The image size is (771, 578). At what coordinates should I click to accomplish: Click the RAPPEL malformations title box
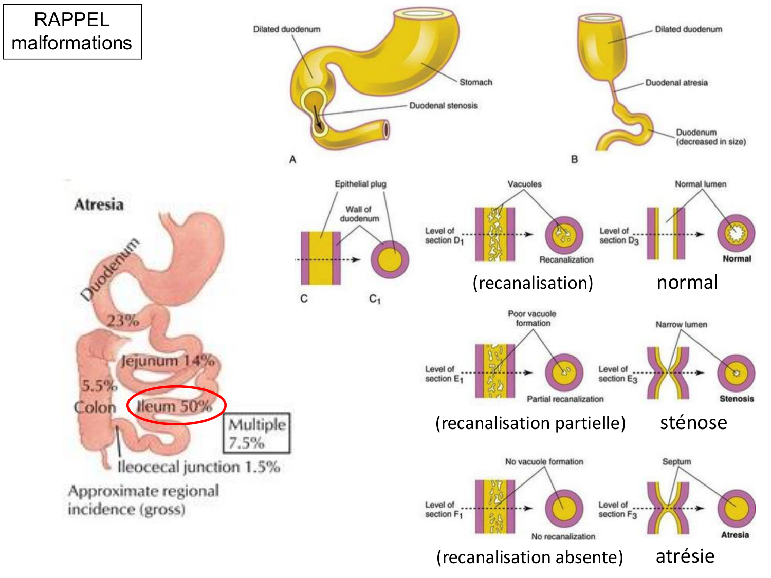tap(72, 31)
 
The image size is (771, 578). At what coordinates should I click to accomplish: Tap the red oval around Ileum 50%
tap(176, 405)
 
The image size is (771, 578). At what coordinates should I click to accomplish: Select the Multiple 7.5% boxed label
tap(257, 433)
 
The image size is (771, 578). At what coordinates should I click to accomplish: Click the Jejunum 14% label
tap(168, 361)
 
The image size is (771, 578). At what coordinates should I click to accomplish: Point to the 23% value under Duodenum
tap(123, 321)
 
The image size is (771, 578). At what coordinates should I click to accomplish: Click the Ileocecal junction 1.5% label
tap(198, 467)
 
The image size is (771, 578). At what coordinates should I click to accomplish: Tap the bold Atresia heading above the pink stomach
tap(99, 204)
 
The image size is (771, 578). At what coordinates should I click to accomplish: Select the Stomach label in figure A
tap(475, 82)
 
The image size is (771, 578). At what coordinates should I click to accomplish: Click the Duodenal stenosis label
tap(443, 106)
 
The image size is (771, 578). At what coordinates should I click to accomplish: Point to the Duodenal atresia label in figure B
tap(676, 83)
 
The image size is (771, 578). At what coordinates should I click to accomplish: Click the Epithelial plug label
tap(360, 184)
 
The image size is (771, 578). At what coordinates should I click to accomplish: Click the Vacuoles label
tap(524, 184)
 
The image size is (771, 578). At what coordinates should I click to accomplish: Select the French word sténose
tap(693, 422)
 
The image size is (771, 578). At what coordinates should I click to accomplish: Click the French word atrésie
tap(685, 556)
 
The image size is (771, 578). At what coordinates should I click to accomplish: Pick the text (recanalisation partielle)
tap(530, 423)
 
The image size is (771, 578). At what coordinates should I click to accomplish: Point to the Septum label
tap(676, 462)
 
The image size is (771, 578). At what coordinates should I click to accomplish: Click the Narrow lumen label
tap(681, 325)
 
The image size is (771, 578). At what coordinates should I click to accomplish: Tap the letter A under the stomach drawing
tap(292, 160)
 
